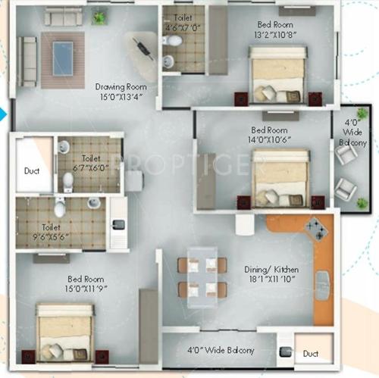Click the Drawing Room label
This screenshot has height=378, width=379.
click(x=121, y=86)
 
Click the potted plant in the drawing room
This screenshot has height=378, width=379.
click(x=99, y=17)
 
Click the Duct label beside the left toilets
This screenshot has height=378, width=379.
click(x=31, y=171)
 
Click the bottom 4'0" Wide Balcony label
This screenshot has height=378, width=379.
click(x=220, y=351)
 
